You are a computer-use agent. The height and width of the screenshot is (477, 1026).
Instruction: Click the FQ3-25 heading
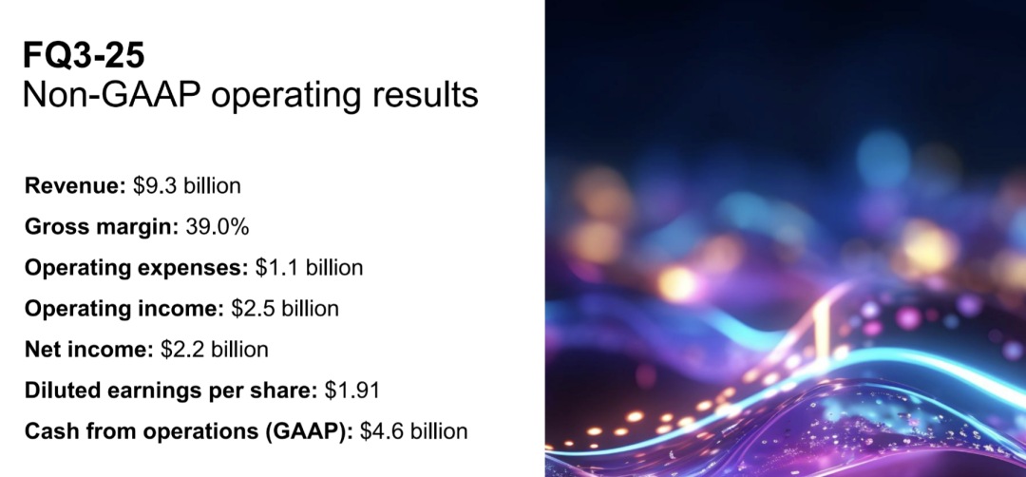pyautogui.click(x=84, y=56)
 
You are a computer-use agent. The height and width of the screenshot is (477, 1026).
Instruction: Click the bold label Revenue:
pyautogui.click(x=75, y=186)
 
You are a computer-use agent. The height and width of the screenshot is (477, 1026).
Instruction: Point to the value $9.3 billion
pyautogui.click(x=186, y=186)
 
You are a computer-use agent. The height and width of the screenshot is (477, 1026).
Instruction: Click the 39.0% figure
pyautogui.click(x=207, y=227)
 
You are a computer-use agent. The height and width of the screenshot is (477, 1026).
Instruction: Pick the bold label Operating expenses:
pyautogui.click(x=136, y=268)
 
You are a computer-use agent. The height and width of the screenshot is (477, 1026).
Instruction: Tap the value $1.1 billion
pyautogui.click(x=309, y=268)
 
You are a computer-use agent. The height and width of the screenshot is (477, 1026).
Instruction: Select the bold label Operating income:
pyautogui.click(x=124, y=309)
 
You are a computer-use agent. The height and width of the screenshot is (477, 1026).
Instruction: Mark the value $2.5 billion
pyautogui.click(x=285, y=309)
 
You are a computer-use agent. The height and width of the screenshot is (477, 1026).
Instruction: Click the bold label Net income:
pyautogui.click(x=88, y=350)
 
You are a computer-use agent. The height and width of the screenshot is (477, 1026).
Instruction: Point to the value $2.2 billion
pyautogui.click(x=214, y=350)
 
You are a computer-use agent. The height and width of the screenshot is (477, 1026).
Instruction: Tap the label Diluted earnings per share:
pyautogui.click(x=171, y=391)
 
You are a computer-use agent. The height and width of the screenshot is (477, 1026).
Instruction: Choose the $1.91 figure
pyautogui.click(x=352, y=391)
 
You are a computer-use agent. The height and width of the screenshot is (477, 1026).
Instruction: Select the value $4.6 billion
pyautogui.click(x=414, y=431)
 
